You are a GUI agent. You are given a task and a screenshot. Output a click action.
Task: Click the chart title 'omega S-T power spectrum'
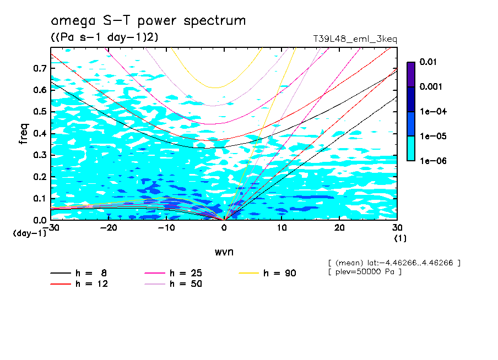(x=148, y=21)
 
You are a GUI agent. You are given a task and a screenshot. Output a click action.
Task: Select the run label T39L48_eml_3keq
(x=355, y=39)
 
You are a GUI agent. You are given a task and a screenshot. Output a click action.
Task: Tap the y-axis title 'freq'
(x=23, y=134)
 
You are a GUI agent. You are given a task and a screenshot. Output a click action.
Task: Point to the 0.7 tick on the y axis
(x=39, y=68)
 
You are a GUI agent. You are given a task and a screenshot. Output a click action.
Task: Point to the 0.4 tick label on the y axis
(x=39, y=133)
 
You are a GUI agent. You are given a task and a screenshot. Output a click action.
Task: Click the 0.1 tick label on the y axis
(x=39, y=198)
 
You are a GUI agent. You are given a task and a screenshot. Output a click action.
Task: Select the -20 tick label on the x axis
(x=109, y=228)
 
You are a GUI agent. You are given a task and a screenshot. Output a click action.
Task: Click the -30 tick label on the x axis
(x=51, y=228)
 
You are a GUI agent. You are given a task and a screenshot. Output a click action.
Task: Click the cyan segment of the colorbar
(x=410, y=148)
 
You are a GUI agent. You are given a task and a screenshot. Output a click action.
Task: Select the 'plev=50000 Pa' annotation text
(x=364, y=272)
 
